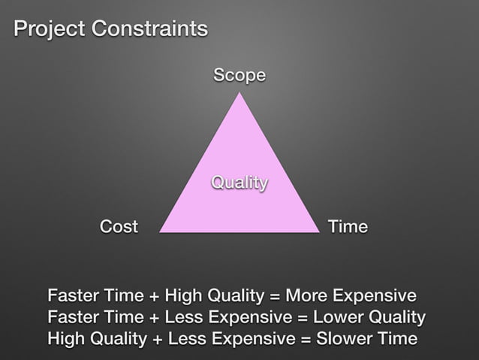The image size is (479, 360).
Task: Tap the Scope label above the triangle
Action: coord(239,75)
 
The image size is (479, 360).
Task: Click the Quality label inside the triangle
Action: coord(239,183)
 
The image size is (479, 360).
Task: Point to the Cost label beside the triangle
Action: coord(119,226)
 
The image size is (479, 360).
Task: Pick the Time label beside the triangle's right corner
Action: coord(348,226)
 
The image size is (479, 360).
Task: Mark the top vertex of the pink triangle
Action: coord(239,93)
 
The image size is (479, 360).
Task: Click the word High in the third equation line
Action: coord(65,339)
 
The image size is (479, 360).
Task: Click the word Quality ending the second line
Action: coord(398,316)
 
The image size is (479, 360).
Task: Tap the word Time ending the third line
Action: coord(395,339)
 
